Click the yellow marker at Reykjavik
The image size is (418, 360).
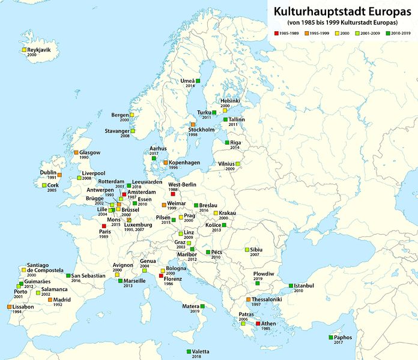point(24,50)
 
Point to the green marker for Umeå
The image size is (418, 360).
point(198,81)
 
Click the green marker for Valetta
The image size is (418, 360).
point(189,351)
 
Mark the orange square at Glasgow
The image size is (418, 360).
point(76,152)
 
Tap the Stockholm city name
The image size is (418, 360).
point(202,130)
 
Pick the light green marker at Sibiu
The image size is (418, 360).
point(246,250)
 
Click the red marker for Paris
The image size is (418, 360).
point(104,226)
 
